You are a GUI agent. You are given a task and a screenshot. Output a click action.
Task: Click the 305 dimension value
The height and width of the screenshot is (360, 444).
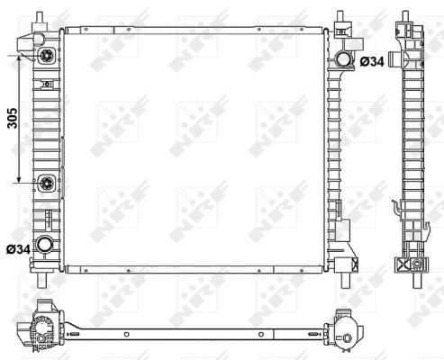[12, 121]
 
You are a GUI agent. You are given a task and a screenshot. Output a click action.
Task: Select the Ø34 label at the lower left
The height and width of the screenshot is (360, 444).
[18, 248]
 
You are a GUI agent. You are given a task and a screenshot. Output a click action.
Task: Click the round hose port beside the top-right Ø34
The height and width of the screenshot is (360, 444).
[343, 60]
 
